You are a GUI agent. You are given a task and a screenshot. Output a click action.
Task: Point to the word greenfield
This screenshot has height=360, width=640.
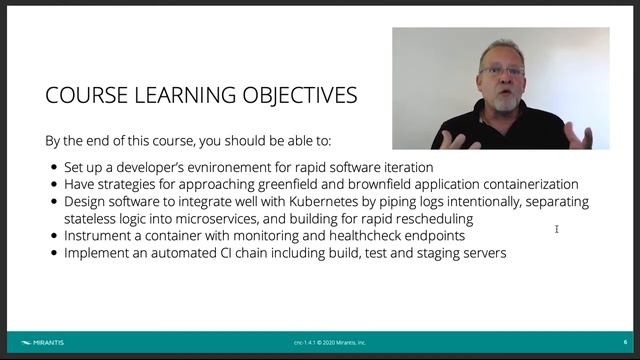click(x=276, y=185)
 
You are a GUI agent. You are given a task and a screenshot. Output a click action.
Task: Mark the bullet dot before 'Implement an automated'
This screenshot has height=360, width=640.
click(x=53, y=254)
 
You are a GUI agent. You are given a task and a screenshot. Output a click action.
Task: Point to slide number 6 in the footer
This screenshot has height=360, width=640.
click(x=626, y=342)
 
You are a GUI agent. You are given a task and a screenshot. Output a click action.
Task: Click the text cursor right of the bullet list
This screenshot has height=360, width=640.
click(x=556, y=230)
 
